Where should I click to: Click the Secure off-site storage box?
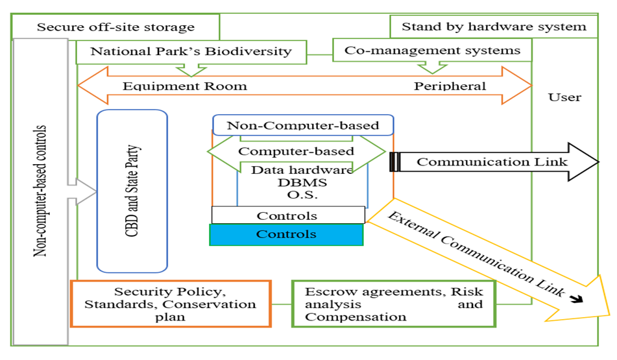115,27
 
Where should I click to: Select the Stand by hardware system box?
494,27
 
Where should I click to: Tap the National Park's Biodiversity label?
191,51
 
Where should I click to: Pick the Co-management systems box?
432,50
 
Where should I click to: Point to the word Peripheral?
450,86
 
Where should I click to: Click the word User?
564,97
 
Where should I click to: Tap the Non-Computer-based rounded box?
303,125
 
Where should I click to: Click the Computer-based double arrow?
296,151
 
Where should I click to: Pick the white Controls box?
287,215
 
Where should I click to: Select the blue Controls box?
286,234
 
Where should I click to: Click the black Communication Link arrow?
493,162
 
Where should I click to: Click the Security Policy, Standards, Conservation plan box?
171,304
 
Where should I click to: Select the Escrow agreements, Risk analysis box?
393,304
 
